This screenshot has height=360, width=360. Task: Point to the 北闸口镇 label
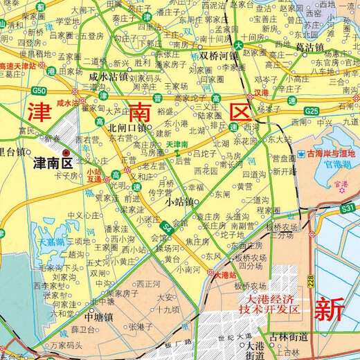[x=127, y=127]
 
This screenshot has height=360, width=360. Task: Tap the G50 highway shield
[x=39, y=91]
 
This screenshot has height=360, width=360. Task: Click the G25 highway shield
[x=312, y=110]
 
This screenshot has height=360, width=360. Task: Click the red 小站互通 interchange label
[x=94, y=174]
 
